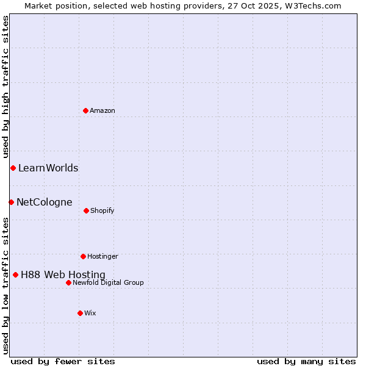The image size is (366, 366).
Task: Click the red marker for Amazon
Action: (85, 110)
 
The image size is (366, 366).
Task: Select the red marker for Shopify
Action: (86, 210)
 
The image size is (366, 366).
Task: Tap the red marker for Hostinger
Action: (83, 256)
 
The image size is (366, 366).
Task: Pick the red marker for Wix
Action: (80, 313)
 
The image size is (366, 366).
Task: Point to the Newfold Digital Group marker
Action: (68, 282)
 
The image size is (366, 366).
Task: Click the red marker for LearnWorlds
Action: (13, 168)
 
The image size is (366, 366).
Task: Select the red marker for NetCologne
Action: (11, 202)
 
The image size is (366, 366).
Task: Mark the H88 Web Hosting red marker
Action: (15, 274)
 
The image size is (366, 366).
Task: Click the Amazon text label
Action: (102, 110)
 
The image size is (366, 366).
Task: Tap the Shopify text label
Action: (102, 210)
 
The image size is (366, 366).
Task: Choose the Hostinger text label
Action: (102, 256)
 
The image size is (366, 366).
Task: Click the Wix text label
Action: (90, 313)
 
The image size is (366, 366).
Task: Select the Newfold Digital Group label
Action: (108, 282)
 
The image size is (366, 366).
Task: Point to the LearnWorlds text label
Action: (48, 168)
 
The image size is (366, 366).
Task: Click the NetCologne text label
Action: (45, 202)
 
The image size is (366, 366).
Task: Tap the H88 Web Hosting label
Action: (63, 274)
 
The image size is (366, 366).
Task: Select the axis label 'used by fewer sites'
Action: (63, 361)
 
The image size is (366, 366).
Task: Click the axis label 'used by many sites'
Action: (306, 361)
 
